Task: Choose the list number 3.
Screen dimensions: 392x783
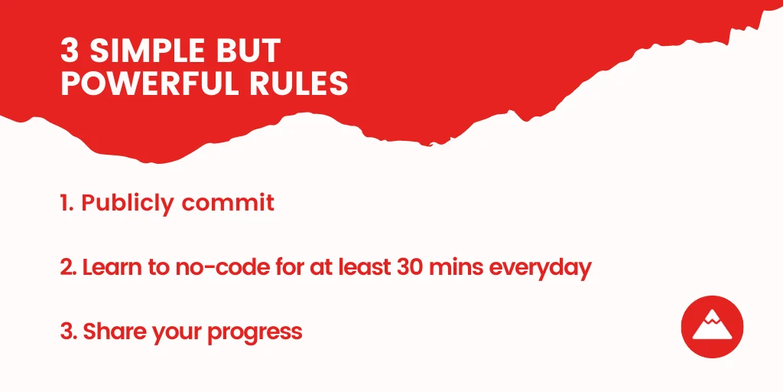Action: (x=68, y=332)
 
